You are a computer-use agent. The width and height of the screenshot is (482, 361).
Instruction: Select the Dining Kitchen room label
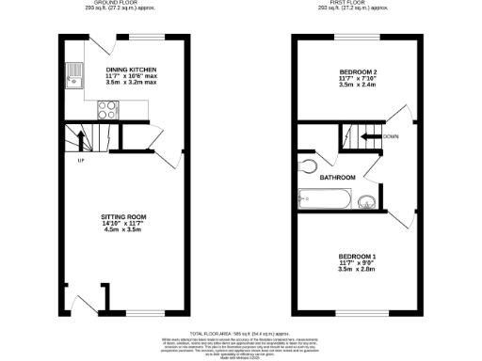[x=131, y=69]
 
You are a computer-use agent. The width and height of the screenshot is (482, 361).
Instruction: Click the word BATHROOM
[x=337, y=178]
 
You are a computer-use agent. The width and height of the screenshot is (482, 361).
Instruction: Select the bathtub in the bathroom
[x=323, y=199]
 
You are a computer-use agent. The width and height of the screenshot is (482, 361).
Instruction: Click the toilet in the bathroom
[x=311, y=165]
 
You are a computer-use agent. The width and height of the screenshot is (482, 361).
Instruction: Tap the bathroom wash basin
[x=365, y=198]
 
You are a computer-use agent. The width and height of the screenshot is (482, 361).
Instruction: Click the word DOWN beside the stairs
[x=392, y=137]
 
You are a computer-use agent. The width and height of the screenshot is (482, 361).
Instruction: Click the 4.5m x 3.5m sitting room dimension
[x=123, y=229]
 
